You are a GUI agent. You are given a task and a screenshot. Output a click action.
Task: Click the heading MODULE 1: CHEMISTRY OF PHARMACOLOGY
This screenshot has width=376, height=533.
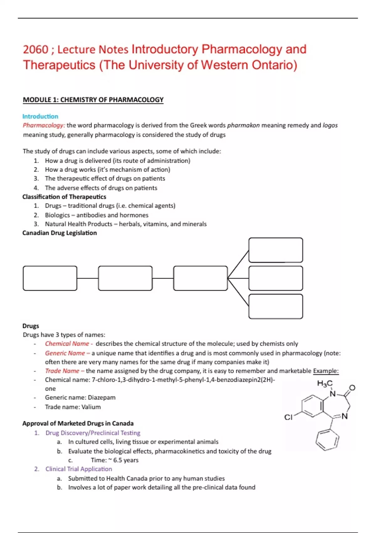[93, 100]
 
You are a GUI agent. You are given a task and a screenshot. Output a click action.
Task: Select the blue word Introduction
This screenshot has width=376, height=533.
[40, 116]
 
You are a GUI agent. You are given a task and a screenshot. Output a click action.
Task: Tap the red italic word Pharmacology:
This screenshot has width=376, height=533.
[44, 125]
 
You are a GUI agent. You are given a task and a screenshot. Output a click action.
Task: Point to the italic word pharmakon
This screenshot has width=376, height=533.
[243, 125]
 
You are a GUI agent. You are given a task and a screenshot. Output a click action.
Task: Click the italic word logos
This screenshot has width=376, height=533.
[330, 125]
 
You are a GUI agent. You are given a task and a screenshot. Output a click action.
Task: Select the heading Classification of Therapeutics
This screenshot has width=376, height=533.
[64, 197]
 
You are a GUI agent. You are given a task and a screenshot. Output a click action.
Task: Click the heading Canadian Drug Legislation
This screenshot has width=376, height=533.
[60, 233]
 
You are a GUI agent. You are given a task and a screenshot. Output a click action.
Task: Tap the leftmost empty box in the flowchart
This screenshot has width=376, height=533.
[50, 278]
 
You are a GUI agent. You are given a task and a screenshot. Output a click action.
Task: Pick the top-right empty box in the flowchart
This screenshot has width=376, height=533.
[275, 250]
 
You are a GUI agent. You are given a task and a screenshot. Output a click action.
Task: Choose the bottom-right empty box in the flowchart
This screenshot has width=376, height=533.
[275, 306]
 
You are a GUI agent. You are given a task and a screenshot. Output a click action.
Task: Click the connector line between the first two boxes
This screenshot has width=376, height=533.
[87, 278]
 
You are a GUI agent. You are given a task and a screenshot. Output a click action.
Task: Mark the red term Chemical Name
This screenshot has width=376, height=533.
[67, 344]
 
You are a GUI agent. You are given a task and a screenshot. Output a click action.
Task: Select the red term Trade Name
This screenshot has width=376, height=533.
[62, 371]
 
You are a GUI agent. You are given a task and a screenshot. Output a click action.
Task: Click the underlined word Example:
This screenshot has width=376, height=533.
[326, 371]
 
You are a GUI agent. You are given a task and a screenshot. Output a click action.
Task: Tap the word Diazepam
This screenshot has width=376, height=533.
[102, 398]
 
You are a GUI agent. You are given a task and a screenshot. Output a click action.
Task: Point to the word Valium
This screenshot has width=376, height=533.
[91, 407]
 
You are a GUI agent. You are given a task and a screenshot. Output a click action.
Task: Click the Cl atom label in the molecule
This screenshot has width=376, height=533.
[288, 417]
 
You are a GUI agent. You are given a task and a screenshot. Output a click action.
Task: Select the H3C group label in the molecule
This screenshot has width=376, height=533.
[325, 383]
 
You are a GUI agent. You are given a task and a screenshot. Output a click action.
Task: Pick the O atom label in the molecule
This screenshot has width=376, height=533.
[352, 388]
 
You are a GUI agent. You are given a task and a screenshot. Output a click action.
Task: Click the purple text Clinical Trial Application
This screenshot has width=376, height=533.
[79, 469]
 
